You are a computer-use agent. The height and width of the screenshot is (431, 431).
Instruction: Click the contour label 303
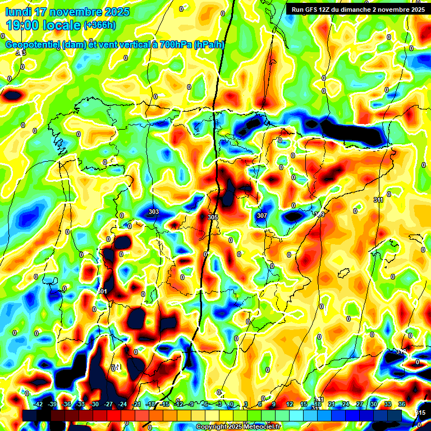coord(154,212)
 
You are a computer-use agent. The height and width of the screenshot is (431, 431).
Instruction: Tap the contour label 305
coord(212,217)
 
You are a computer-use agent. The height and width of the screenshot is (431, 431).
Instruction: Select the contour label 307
coord(262,215)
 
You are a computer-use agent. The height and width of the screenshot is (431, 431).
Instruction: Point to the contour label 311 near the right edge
coord(378,200)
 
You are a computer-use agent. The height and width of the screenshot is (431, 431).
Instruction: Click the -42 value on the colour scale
coord(39,404)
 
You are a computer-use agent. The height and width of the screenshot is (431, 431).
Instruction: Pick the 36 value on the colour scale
coord(402,404)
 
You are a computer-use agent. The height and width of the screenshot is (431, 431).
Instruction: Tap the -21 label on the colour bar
coord(136,404)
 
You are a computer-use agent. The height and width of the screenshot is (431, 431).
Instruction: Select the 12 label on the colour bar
coord(290,404)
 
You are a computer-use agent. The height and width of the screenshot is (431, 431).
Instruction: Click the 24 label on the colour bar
coord(346,404)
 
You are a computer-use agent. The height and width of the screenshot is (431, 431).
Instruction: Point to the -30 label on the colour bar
coord(94,404)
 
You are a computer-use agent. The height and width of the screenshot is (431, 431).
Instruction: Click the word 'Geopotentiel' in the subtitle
coord(32,45)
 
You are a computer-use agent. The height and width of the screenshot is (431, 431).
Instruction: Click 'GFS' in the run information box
coord(314,9)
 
